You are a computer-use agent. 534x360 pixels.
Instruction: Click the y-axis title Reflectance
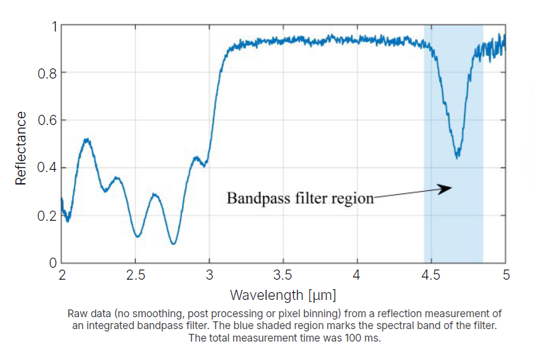21,148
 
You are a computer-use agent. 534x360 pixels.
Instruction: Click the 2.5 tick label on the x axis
136,276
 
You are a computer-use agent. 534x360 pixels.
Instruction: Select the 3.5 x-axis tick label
283,276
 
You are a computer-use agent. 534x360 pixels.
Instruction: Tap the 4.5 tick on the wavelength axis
431,276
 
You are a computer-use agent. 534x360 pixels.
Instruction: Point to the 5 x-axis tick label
505,276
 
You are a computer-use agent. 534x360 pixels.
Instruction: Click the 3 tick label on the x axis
209,276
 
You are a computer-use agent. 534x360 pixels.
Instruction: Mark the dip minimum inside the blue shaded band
457,158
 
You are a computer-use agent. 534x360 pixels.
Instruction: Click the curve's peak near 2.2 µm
87,140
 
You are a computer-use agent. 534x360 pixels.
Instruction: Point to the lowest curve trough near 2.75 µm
173,243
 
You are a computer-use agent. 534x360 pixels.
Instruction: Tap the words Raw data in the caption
82,314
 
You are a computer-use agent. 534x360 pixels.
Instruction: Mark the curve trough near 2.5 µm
137,237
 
